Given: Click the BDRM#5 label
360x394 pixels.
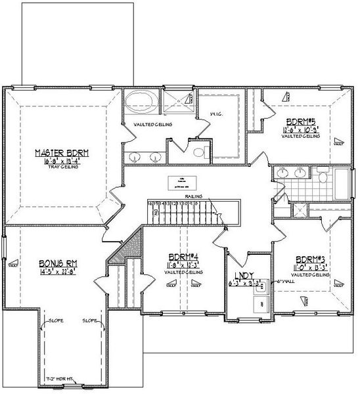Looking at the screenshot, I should tap(302, 121).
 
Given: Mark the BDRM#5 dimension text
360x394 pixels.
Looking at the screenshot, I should tap(302, 129).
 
